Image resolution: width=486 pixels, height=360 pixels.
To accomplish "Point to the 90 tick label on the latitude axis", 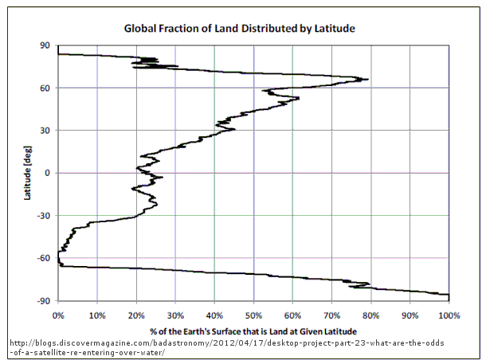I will coord(46,45).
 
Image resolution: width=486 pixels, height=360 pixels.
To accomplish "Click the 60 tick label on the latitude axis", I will coord(46,88).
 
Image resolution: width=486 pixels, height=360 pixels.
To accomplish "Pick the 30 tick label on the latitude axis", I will coord(46,130).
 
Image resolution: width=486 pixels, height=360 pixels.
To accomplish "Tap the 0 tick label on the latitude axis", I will coord(49,173).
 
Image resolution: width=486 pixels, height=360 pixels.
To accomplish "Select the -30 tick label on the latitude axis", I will coord(45,215).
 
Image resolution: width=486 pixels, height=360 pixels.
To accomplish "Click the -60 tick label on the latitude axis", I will coord(45,257).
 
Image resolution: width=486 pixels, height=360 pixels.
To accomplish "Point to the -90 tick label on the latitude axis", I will coord(45,300).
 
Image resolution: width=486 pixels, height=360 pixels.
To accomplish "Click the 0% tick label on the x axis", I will coord(58,315).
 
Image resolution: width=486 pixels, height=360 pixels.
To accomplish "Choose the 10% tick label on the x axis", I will coord(97,315).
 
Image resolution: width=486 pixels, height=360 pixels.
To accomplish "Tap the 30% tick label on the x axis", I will coord(175,315).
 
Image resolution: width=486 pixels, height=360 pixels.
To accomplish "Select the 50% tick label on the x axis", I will coord(253,315).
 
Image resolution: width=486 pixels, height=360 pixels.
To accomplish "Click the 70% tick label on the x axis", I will coord(331,315).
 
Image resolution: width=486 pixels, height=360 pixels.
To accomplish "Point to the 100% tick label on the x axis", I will coord(449,315).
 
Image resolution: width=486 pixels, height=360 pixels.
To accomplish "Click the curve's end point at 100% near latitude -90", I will coord(449,295).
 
